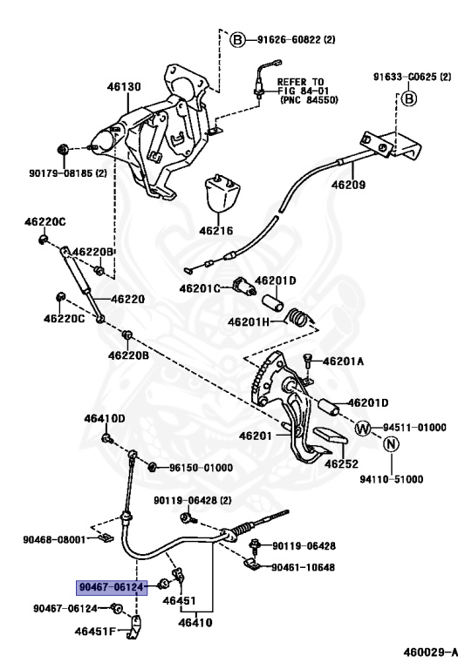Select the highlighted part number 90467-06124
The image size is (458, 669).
coord(113,587)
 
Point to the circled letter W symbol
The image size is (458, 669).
coord(364,428)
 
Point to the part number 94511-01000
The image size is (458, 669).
coord(412,428)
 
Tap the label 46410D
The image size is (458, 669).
coord(105,419)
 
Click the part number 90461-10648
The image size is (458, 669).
coord(302,566)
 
